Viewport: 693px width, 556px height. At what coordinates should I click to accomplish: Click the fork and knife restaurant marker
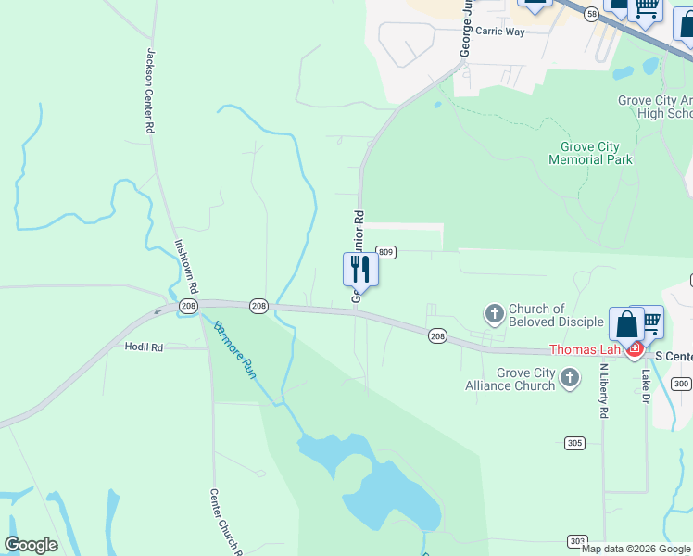[x=360, y=270]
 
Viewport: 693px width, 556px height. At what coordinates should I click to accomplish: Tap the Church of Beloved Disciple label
[x=537, y=315]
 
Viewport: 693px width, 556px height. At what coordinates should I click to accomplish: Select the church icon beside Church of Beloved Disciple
[x=495, y=314]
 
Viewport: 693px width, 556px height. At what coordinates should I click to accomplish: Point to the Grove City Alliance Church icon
[x=570, y=377]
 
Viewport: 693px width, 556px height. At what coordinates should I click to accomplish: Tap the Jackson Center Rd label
[x=148, y=92]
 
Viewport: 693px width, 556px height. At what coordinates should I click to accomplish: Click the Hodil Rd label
[x=144, y=347]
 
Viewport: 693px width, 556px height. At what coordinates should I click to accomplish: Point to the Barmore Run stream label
[x=234, y=350]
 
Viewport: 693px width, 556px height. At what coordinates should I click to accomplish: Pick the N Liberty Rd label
[x=602, y=388]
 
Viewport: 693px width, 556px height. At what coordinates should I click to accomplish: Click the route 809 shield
[x=386, y=252]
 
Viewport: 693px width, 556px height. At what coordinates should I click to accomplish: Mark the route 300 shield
[x=682, y=384]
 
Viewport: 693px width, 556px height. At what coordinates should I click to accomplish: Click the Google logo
[x=31, y=545]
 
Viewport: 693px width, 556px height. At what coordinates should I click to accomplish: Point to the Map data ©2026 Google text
[x=636, y=549]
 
